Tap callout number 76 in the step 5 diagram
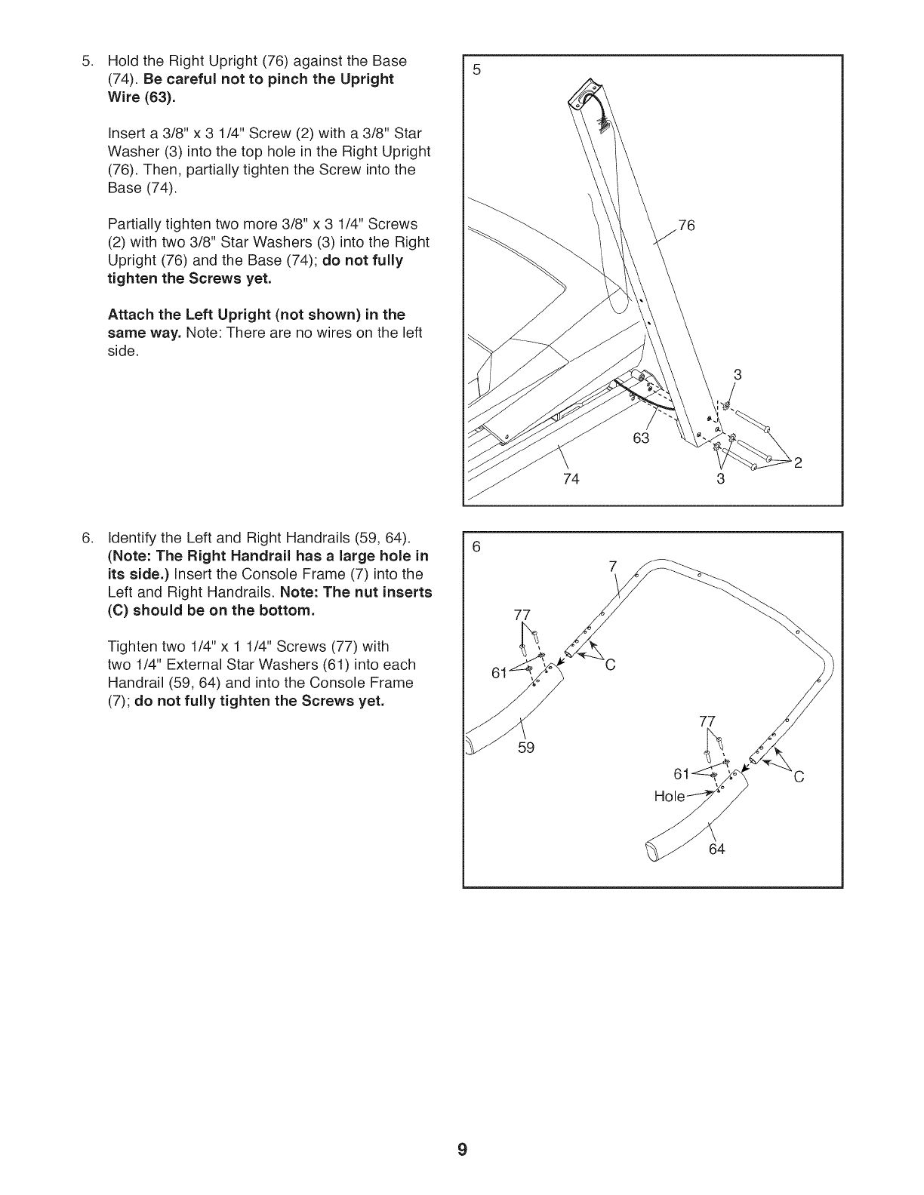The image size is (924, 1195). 686,225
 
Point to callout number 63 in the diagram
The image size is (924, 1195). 641,438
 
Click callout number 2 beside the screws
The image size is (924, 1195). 797,462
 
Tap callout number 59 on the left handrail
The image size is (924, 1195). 525,748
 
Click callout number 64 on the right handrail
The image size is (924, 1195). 716,849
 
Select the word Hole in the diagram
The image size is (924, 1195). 669,796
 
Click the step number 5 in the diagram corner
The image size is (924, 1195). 476,70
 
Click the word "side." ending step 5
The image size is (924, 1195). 124,352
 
